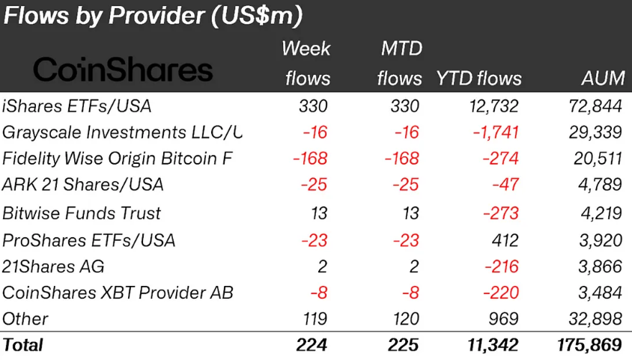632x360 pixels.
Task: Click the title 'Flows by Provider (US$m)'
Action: click(x=153, y=16)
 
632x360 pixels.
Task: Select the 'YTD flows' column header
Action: click(x=478, y=79)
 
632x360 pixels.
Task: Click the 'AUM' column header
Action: click(x=601, y=79)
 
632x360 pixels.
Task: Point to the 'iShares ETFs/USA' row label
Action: click(x=76, y=106)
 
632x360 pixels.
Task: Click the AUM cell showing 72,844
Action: click(x=595, y=106)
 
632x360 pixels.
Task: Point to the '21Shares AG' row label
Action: click(x=53, y=266)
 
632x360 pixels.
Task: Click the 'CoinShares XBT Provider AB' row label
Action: click(x=118, y=292)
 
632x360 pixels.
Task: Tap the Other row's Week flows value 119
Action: click(x=315, y=319)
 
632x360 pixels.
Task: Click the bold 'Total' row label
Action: click(x=23, y=345)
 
